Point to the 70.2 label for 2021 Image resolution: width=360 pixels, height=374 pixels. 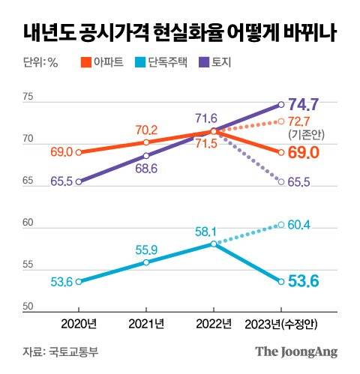click(147, 129)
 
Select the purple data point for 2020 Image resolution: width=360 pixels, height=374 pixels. click(79, 181)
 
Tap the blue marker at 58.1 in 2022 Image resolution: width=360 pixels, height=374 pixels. click(214, 244)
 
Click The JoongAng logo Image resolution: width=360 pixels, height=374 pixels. click(296, 352)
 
